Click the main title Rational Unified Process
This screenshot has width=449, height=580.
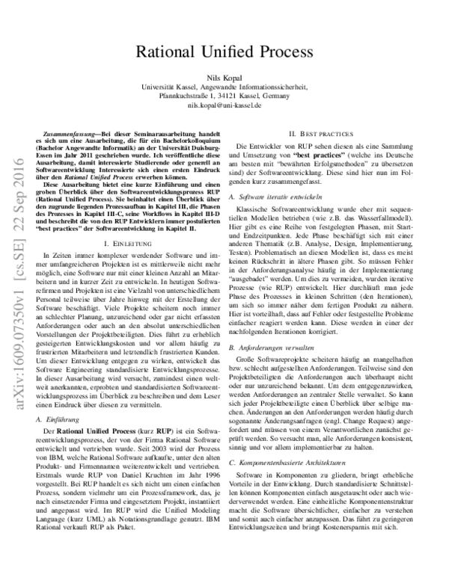click(224, 52)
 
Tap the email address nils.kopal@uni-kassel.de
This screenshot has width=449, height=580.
click(224, 105)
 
